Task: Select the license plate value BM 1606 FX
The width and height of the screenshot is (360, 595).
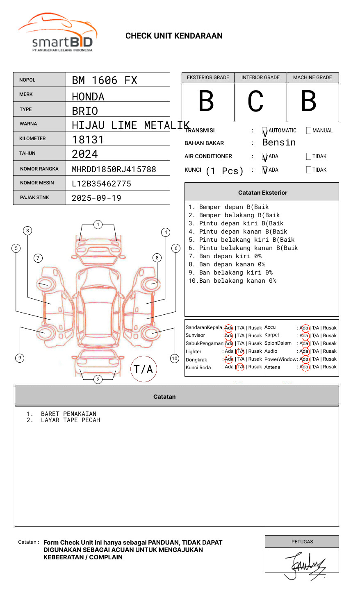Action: tap(105, 80)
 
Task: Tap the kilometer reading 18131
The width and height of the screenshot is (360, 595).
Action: tap(87, 140)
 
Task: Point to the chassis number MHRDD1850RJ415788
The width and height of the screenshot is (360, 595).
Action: tap(114, 169)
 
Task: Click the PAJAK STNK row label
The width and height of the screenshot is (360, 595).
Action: tap(34, 198)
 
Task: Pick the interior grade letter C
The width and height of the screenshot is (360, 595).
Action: tap(255, 101)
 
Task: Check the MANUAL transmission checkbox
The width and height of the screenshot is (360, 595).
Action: tap(309, 130)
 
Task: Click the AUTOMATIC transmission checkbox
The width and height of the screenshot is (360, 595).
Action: tap(264, 130)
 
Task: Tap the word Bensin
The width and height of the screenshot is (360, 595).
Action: tap(279, 142)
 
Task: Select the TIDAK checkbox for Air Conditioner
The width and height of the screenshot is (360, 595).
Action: tap(309, 156)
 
